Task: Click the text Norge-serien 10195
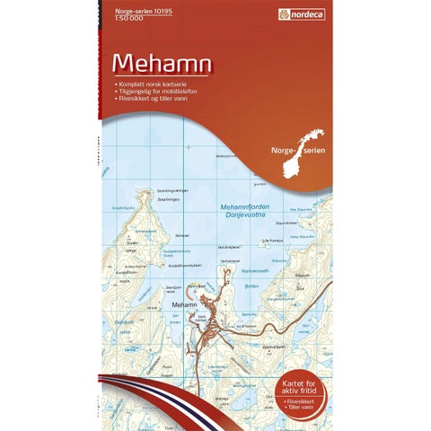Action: click(x=126, y=10)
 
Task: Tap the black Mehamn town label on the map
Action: click(x=180, y=305)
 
